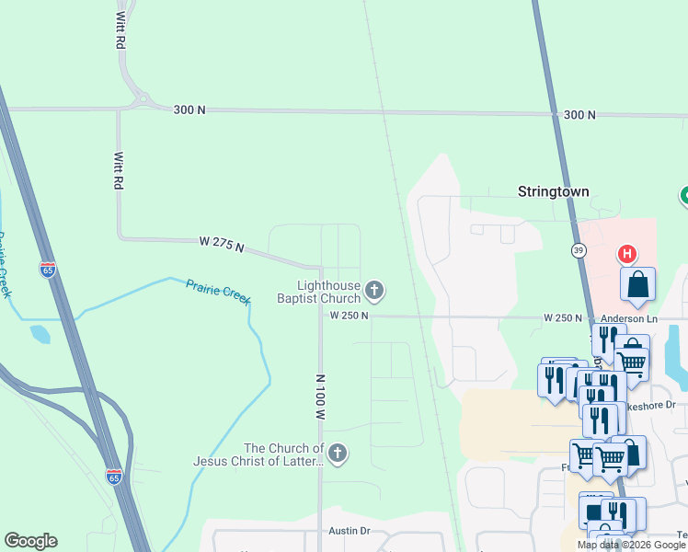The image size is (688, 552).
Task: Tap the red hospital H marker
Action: point(626,254)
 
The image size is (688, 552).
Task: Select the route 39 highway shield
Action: point(578,249)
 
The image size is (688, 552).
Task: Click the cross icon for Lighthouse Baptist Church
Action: point(373,292)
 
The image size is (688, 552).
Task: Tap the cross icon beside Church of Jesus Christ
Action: point(338,452)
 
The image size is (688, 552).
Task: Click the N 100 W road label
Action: point(320,397)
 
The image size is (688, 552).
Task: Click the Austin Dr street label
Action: point(350,531)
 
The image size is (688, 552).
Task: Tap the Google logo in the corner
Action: point(30,541)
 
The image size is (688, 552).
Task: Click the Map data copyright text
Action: point(631,545)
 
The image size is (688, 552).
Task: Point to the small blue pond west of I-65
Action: point(40,334)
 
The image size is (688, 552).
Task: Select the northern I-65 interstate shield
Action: point(48,270)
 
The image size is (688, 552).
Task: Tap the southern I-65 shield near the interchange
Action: point(113,476)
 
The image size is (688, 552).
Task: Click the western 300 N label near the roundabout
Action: point(189,109)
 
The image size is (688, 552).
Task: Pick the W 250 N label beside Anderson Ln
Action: point(563,318)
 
